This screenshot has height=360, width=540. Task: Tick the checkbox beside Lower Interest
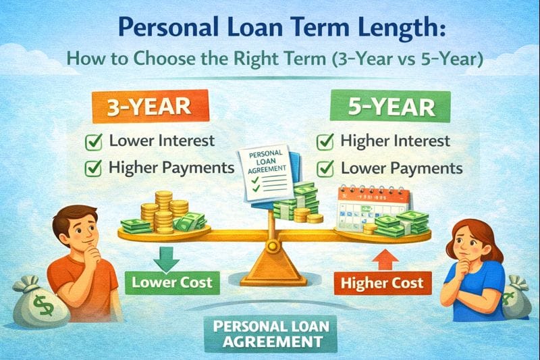(x=94, y=143)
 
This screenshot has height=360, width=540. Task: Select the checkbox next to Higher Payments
(x=94, y=168)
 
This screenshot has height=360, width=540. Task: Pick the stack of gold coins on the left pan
(x=161, y=209)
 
